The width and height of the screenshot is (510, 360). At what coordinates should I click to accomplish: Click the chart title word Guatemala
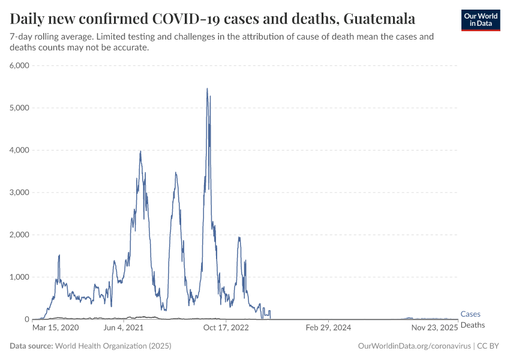(x=380, y=19)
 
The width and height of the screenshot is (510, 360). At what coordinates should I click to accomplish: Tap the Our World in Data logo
(x=480, y=20)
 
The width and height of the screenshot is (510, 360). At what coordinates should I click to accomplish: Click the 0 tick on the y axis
(x=27, y=319)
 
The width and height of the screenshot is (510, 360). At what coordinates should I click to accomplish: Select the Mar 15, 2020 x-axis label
(x=55, y=328)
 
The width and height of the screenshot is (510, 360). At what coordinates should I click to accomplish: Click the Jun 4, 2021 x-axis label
(x=124, y=328)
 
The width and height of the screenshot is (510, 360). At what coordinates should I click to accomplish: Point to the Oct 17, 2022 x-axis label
(x=226, y=328)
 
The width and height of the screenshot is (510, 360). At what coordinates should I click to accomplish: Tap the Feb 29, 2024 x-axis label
(x=328, y=328)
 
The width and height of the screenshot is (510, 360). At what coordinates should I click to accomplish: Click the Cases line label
(x=470, y=314)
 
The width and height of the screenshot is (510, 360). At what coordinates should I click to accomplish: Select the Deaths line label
(x=472, y=325)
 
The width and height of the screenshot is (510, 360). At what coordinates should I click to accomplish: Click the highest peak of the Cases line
(x=207, y=89)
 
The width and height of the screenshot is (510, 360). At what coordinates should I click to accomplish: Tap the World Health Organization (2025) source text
(x=113, y=346)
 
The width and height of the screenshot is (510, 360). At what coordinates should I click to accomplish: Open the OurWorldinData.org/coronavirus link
(x=413, y=346)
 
